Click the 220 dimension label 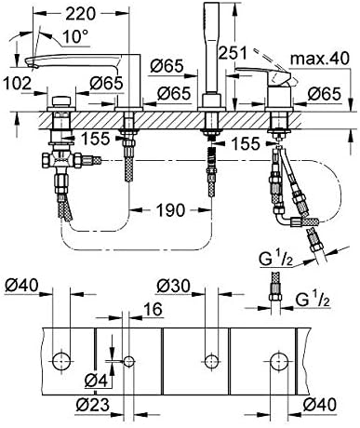pyautogui.click(x=80, y=14)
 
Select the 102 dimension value pyautogui.click(x=17, y=84)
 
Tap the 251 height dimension pyautogui.click(x=233, y=53)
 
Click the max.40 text pyautogui.click(x=320, y=59)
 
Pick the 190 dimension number pyautogui.click(x=170, y=210)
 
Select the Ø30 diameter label pyautogui.click(x=173, y=286)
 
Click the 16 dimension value pyautogui.click(x=153, y=309)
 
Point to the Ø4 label pyautogui.click(x=96, y=381)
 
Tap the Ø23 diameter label pyautogui.click(x=92, y=404)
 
